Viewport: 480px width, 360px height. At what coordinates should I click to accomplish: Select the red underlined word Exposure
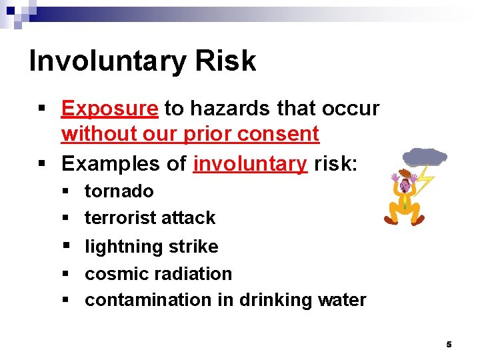pos(109,108)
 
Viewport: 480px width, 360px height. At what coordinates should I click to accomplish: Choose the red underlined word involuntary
pos(250,163)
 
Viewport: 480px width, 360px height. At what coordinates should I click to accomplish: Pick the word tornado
pos(119,191)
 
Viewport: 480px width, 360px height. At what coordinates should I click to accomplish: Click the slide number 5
pos(449,345)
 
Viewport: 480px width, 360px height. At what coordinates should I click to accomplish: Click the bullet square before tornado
pos(65,192)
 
